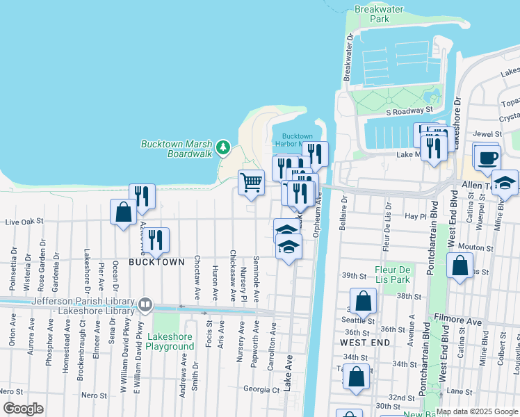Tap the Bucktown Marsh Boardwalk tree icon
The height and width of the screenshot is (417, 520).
click(222, 147)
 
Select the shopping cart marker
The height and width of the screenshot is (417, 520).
click(251, 182)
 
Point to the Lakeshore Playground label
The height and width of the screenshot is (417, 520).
click(170, 341)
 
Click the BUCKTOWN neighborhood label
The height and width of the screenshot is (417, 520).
click(156, 262)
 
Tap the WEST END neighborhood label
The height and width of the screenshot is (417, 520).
click(363, 343)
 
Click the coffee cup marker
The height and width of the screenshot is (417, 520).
click(487, 156)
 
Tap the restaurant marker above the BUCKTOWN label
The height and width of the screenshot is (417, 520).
click(156, 240)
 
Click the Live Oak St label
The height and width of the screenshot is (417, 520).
click(24, 222)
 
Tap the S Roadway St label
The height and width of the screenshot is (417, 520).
click(409, 111)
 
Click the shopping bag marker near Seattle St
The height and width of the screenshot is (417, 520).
click(362, 300)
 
